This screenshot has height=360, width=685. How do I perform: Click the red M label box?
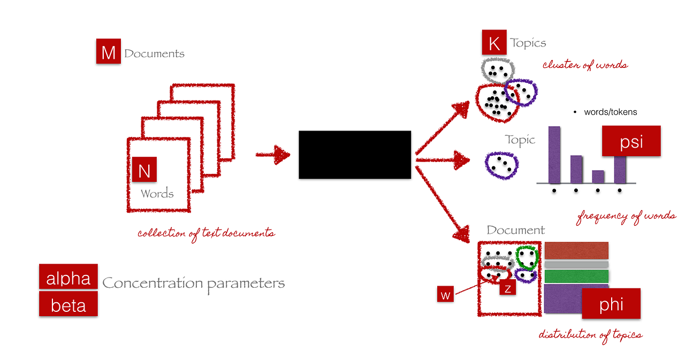108,52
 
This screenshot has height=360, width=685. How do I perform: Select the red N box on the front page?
144,170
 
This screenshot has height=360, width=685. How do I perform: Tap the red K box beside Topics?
494,43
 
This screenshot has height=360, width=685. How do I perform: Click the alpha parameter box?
68,277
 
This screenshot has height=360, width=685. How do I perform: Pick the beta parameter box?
68,304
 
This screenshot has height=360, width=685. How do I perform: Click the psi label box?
631,141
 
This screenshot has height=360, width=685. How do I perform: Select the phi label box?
611,303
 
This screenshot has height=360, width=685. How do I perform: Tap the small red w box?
445,294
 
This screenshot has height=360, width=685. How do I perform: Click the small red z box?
507,288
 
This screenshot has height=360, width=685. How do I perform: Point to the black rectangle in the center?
355,155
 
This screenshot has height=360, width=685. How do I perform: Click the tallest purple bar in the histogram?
554,155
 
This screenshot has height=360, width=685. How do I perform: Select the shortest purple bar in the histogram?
598,177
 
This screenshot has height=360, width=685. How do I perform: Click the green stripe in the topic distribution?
576,276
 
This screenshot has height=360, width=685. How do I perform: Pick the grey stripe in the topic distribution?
576,264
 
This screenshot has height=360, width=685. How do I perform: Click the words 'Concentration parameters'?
193,283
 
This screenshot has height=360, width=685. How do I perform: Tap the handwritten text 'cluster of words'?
585,65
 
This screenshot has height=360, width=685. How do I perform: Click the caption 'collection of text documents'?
206,233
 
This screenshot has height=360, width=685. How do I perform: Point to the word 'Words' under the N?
157,193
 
